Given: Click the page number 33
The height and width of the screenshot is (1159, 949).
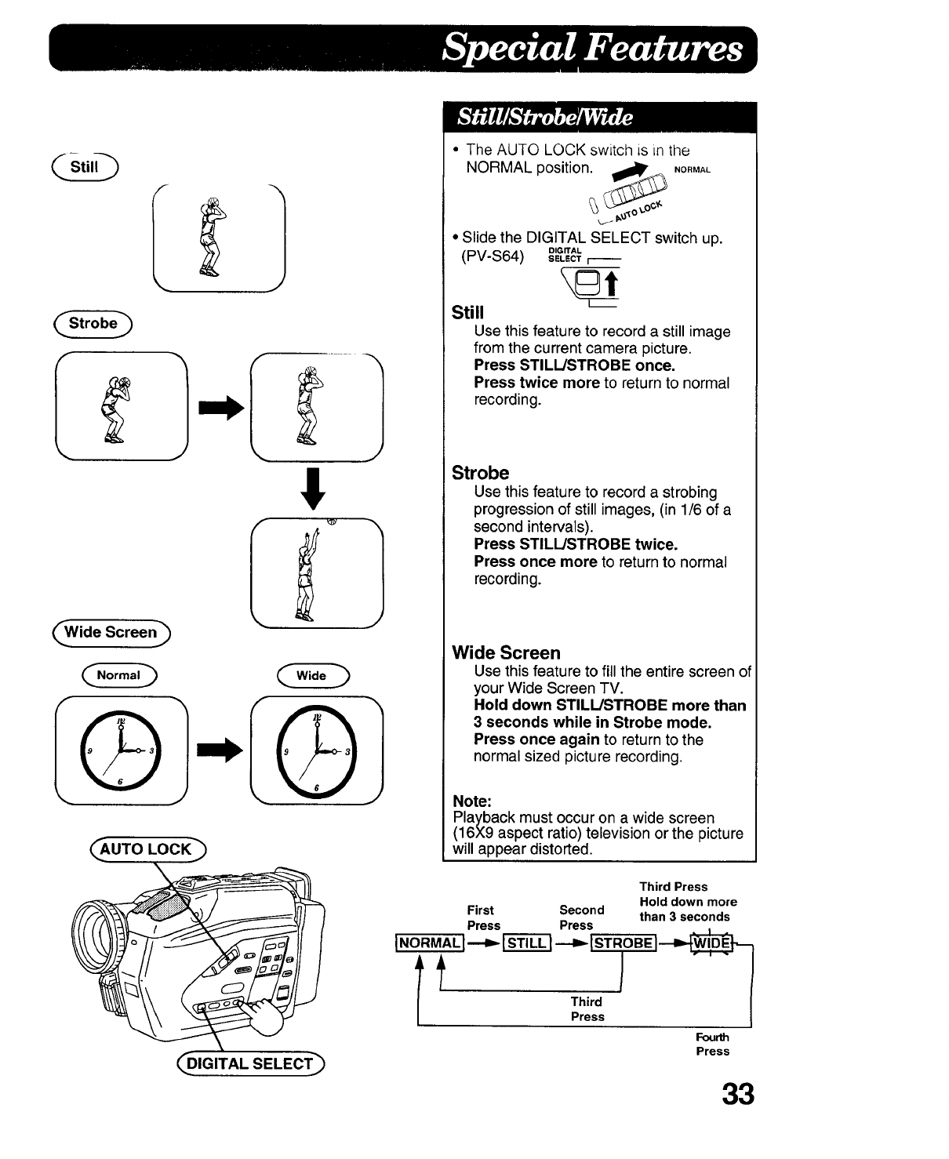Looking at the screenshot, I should [x=738, y=1093].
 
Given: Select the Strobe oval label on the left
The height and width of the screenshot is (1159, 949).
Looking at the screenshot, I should [x=93, y=323].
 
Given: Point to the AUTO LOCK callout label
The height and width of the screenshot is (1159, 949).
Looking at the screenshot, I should [x=147, y=849].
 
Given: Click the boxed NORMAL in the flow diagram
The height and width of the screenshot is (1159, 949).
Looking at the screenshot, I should [x=428, y=942].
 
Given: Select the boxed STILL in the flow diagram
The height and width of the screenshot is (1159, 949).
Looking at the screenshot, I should [x=525, y=942].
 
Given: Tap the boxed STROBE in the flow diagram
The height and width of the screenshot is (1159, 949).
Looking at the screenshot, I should [x=623, y=942].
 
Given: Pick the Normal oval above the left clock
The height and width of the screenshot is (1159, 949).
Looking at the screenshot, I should [x=118, y=675].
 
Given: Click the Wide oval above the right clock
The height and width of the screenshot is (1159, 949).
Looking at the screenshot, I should [x=311, y=675].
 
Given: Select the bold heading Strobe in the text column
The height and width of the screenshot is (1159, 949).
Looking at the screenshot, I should [x=480, y=473].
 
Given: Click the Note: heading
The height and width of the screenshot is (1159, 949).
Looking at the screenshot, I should [x=472, y=801].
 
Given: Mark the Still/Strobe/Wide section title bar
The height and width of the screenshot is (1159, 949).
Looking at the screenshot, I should [x=599, y=118].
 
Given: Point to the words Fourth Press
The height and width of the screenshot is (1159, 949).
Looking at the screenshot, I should [x=712, y=1045].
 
